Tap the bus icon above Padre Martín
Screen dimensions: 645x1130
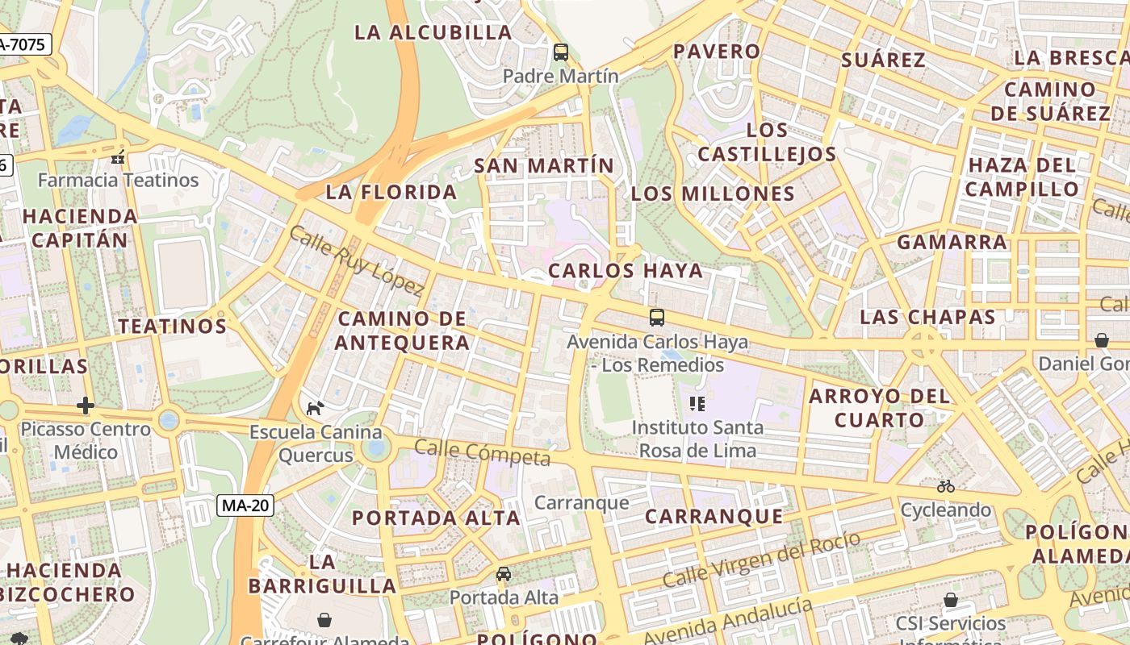(x=560, y=52)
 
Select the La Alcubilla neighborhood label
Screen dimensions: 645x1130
(x=433, y=32)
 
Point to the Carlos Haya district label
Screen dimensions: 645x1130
(x=626, y=271)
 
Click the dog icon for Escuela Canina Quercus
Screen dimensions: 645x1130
(x=315, y=408)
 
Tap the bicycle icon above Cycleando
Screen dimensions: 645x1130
(x=946, y=486)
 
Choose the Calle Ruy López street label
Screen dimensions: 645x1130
(x=356, y=260)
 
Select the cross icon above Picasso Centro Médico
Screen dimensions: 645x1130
(x=86, y=405)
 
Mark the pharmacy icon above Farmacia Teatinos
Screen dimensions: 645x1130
(x=119, y=156)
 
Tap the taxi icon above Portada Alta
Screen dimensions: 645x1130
(x=504, y=574)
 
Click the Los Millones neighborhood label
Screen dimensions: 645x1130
(x=713, y=193)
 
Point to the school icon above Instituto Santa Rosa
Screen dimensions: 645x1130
(x=697, y=403)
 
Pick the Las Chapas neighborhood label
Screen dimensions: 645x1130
(x=927, y=317)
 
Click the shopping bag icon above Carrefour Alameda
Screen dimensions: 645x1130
(x=324, y=620)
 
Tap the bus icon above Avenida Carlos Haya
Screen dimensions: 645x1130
(x=657, y=318)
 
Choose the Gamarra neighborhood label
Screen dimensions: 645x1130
(x=952, y=242)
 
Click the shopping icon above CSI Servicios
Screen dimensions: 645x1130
(x=951, y=600)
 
